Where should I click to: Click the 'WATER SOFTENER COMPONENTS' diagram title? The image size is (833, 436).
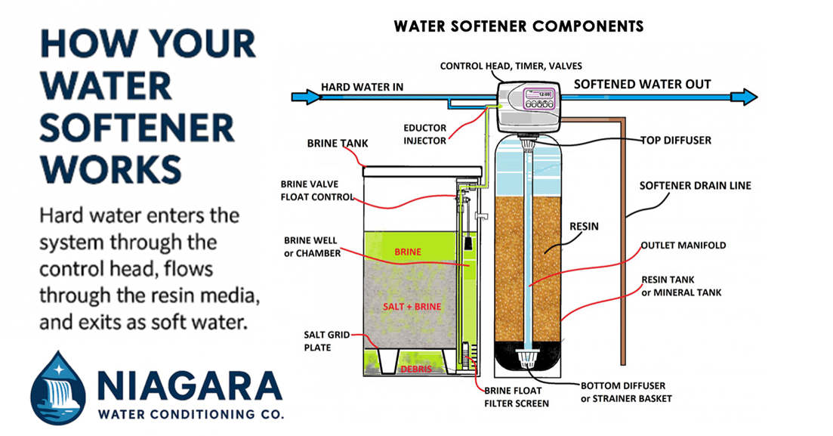coord(518,26)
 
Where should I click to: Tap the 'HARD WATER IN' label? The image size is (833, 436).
coord(362,87)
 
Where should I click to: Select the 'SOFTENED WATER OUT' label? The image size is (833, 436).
coord(642,84)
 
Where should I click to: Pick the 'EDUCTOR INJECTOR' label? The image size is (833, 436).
coord(424,135)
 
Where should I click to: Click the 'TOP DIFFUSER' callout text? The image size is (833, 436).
coord(675,141)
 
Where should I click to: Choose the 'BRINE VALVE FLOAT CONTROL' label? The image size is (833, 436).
coord(317,190)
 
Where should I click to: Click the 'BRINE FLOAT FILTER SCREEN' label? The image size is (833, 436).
coord(517,396)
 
